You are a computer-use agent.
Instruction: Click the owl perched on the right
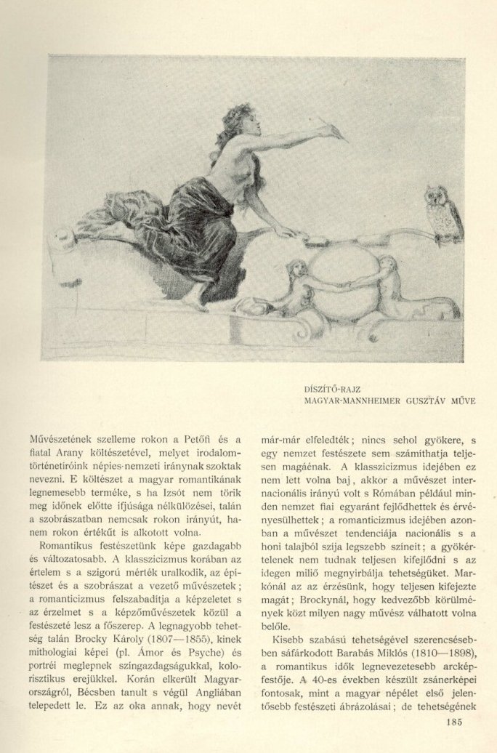point(443,214)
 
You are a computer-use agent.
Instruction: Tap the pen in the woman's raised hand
point(331,129)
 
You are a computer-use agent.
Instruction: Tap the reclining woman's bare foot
point(191,298)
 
